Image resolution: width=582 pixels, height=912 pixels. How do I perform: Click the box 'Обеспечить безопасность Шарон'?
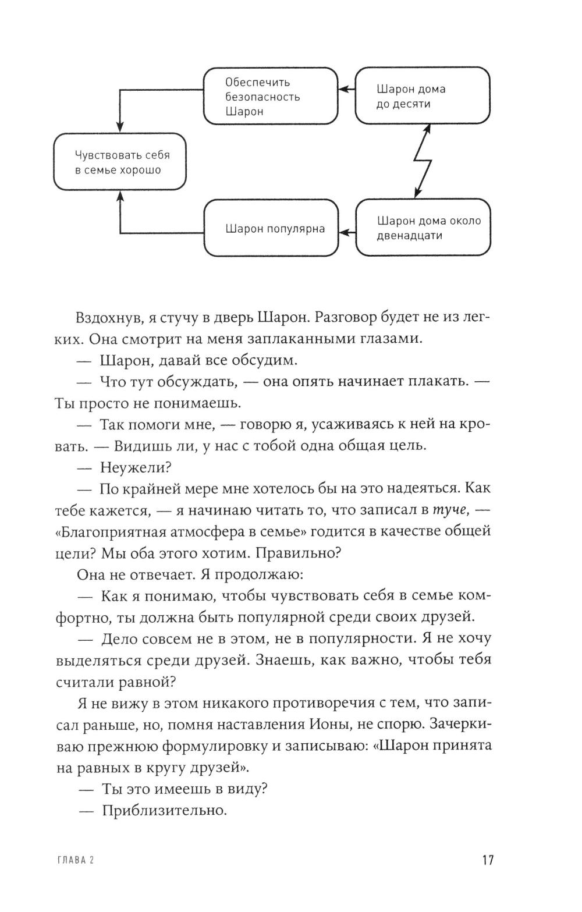tap(271, 96)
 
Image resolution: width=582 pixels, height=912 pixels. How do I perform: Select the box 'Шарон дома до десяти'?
tap(422, 96)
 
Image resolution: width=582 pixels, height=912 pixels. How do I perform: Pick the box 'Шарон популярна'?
tap(271, 228)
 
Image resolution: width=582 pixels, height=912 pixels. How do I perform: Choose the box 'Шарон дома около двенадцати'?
tap(422, 228)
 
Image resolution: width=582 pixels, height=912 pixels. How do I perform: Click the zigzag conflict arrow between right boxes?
tap(423, 161)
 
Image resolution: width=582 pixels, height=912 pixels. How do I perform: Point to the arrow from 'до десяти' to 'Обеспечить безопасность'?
tap(347, 90)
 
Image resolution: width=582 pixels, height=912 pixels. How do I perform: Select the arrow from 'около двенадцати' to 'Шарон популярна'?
tap(347, 233)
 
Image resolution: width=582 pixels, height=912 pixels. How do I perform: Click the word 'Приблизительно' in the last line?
tap(164, 810)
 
